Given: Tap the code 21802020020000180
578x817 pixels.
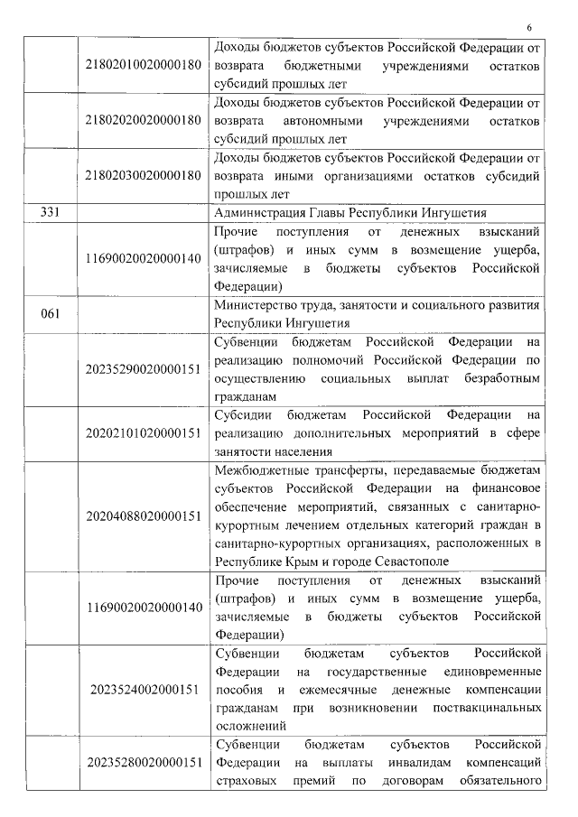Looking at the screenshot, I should click(x=142, y=121).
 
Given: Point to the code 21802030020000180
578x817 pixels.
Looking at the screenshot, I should click(x=142, y=175).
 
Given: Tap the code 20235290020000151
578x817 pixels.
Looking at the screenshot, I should click(x=142, y=369).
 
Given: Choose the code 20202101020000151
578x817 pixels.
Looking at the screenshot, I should click(x=142, y=432).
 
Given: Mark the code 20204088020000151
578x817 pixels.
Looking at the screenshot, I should click(x=142, y=515).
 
